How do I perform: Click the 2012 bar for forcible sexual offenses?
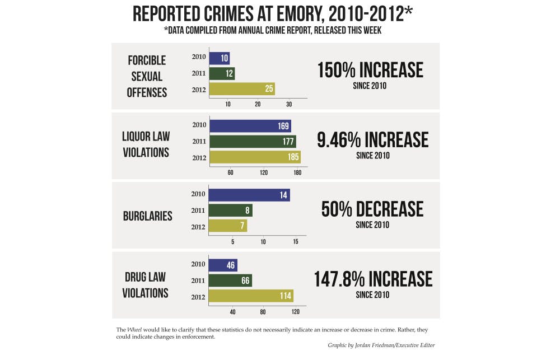[x=241, y=88]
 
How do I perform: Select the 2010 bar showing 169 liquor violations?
[x=249, y=126]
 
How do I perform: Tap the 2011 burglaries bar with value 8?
[x=230, y=211]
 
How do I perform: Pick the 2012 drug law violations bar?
[x=250, y=296]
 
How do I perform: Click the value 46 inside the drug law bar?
[x=230, y=265]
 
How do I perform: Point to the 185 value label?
[x=293, y=157]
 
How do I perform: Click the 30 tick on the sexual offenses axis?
[x=289, y=104]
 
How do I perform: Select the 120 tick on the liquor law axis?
[x=264, y=173]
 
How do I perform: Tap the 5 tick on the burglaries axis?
[x=232, y=242]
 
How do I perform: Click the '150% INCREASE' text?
[x=370, y=71]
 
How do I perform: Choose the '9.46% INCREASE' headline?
[x=372, y=140]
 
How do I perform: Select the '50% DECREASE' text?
[x=372, y=209]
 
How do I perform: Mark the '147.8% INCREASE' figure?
[x=373, y=279]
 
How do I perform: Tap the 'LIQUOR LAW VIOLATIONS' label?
[x=146, y=144]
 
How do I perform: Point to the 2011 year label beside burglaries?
[x=198, y=211]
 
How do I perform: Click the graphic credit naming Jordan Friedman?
[x=381, y=345]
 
